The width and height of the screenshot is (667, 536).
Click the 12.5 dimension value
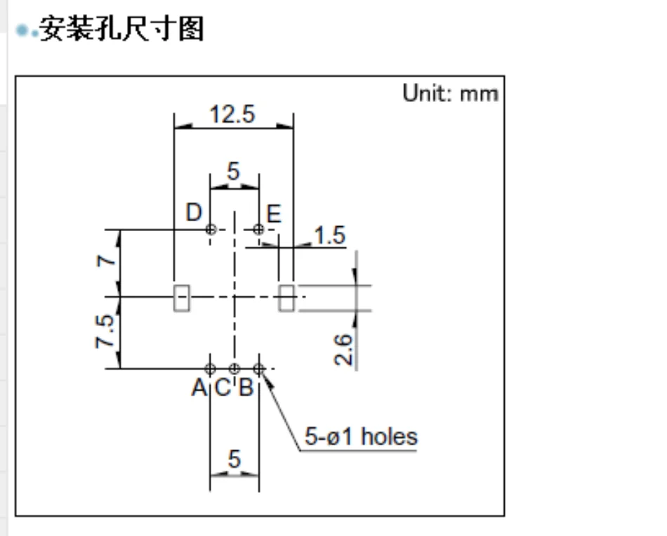click(x=233, y=115)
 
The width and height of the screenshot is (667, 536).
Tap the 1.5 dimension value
click(x=329, y=236)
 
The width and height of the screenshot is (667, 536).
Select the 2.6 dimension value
click(x=343, y=348)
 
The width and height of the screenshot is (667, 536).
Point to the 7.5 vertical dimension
click(x=105, y=332)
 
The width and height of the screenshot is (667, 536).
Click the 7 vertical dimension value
click(x=106, y=262)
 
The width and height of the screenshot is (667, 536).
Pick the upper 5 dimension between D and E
click(x=234, y=171)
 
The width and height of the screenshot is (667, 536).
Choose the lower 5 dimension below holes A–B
click(x=234, y=460)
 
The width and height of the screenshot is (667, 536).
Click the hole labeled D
click(x=210, y=229)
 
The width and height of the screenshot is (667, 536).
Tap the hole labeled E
click(x=258, y=229)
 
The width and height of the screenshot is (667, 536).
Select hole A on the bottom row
click(x=210, y=369)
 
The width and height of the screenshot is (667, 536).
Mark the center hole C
click(x=235, y=369)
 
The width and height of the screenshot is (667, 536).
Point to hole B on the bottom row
click(x=258, y=369)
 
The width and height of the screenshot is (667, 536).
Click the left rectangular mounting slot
click(x=182, y=298)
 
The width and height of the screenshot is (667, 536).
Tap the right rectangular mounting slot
click(x=286, y=298)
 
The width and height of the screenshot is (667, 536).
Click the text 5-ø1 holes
click(x=361, y=437)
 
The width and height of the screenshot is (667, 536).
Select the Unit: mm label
click(x=450, y=93)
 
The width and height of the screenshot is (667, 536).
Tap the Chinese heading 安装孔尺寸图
click(x=121, y=30)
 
